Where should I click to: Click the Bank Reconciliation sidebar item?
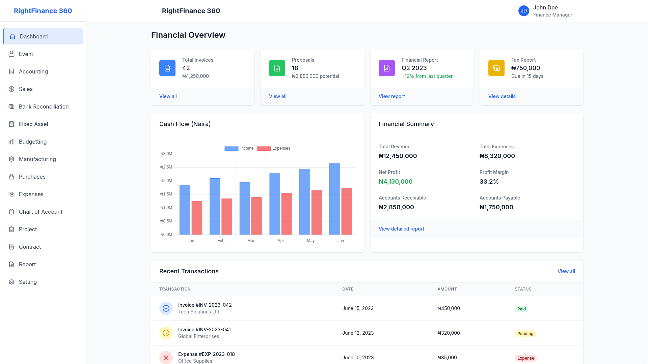click(44, 107)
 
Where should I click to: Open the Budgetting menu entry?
click(32, 142)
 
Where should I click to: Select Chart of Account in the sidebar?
click(40, 212)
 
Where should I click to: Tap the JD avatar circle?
click(523, 11)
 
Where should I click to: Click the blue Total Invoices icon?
click(167, 68)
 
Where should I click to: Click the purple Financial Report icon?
click(387, 68)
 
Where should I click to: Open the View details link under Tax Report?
click(502, 96)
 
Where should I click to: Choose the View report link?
click(391, 96)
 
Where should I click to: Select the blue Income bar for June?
click(335, 199)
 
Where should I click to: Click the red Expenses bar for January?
click(197, 218)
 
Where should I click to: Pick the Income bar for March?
click(245, 208)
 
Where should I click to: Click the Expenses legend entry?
click(273, 148)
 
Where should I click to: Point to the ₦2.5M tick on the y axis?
click(166, 167)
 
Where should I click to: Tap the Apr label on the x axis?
click(281, 241)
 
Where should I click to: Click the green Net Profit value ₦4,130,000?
click(396, 182)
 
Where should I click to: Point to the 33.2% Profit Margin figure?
click(489, 182)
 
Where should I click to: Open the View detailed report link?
click(401, 229)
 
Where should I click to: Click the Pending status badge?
click(525, 334)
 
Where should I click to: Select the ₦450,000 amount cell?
click(449, 308)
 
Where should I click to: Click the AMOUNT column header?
click(447, 289)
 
